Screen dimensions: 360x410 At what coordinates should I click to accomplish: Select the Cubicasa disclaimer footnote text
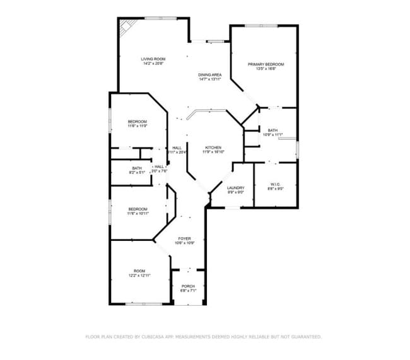point(204,337)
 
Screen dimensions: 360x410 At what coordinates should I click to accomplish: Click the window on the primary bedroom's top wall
point(262,26)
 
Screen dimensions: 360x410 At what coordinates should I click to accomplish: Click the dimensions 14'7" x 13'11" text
point(210,79)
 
